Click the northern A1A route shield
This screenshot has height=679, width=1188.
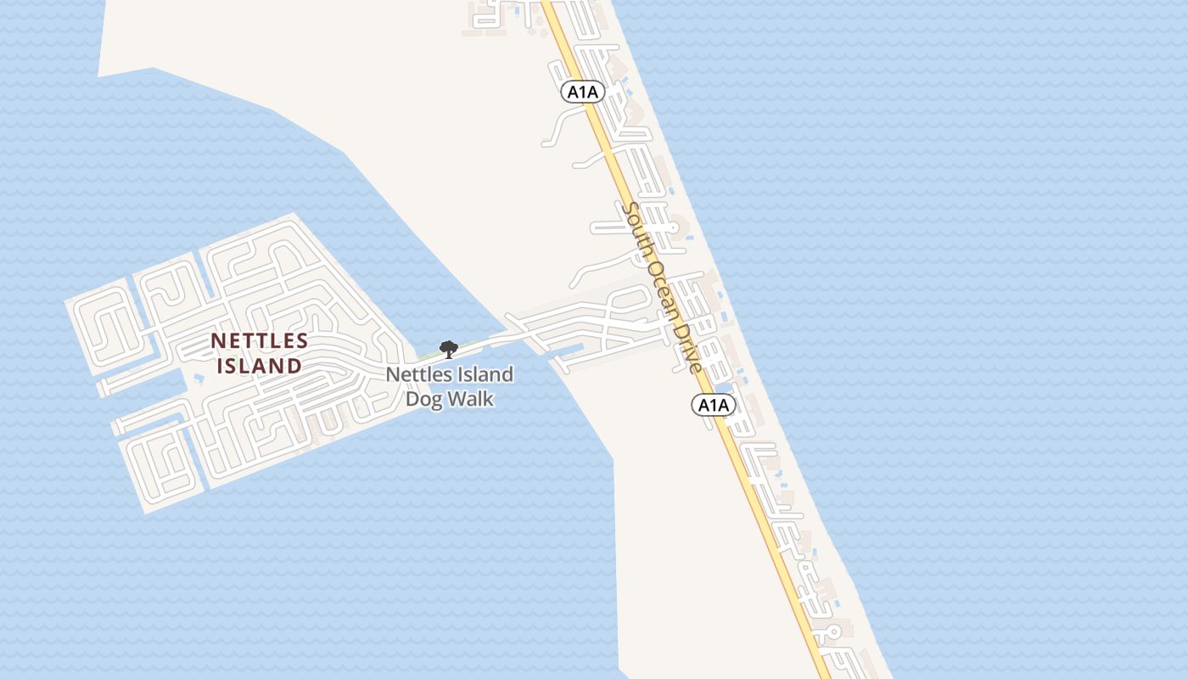pyautogui.click(x=583, y=92)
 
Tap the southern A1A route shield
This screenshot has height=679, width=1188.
pyautogui.click(x=714, y=405)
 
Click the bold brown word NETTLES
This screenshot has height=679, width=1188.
pyautogui.click(x=260, y=341)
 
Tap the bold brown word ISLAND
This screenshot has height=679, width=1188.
pyautogui.click(x=260, y=367)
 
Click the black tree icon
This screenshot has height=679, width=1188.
pyautogui.click(x=448, y=349)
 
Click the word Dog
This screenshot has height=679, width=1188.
pyautogui.click(x=423, y=398)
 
